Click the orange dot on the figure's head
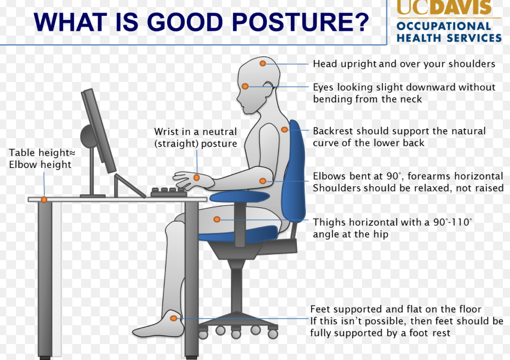click(x=263, y=63)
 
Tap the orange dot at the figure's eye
click(x=245, y=86)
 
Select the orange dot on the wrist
click(x=197, y=178)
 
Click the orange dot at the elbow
click(x=263, y=181)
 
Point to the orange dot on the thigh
click(x=217, y=220)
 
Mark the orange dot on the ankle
click(x=174, y=318)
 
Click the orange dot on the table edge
click(x=44, y=199)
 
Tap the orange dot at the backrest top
click(x=284, y=130)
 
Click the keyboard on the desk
click(x=169, y=192)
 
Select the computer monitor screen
click(x=98, y=131)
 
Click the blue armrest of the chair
click(x=240, y=196)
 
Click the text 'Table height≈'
click(x=42, y=152)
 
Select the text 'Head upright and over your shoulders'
click(x=404, y=64)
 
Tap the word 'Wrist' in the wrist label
click(x=167, y=132)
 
